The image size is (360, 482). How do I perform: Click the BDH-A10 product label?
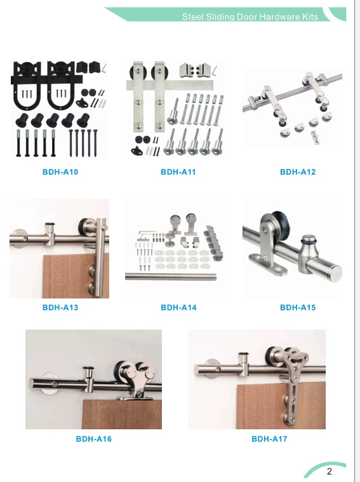point(60,172)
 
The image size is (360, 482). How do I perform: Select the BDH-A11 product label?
point(178,172)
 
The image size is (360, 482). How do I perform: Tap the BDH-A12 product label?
point(298,172)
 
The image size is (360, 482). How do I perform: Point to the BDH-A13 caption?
point(60,308)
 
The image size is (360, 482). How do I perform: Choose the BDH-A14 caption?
point(178,308)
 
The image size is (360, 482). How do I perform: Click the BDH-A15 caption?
point(298,308)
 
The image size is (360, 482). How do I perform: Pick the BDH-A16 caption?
point(93,439)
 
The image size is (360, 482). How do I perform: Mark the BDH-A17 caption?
point(269,439)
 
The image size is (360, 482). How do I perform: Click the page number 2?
point(330,471)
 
